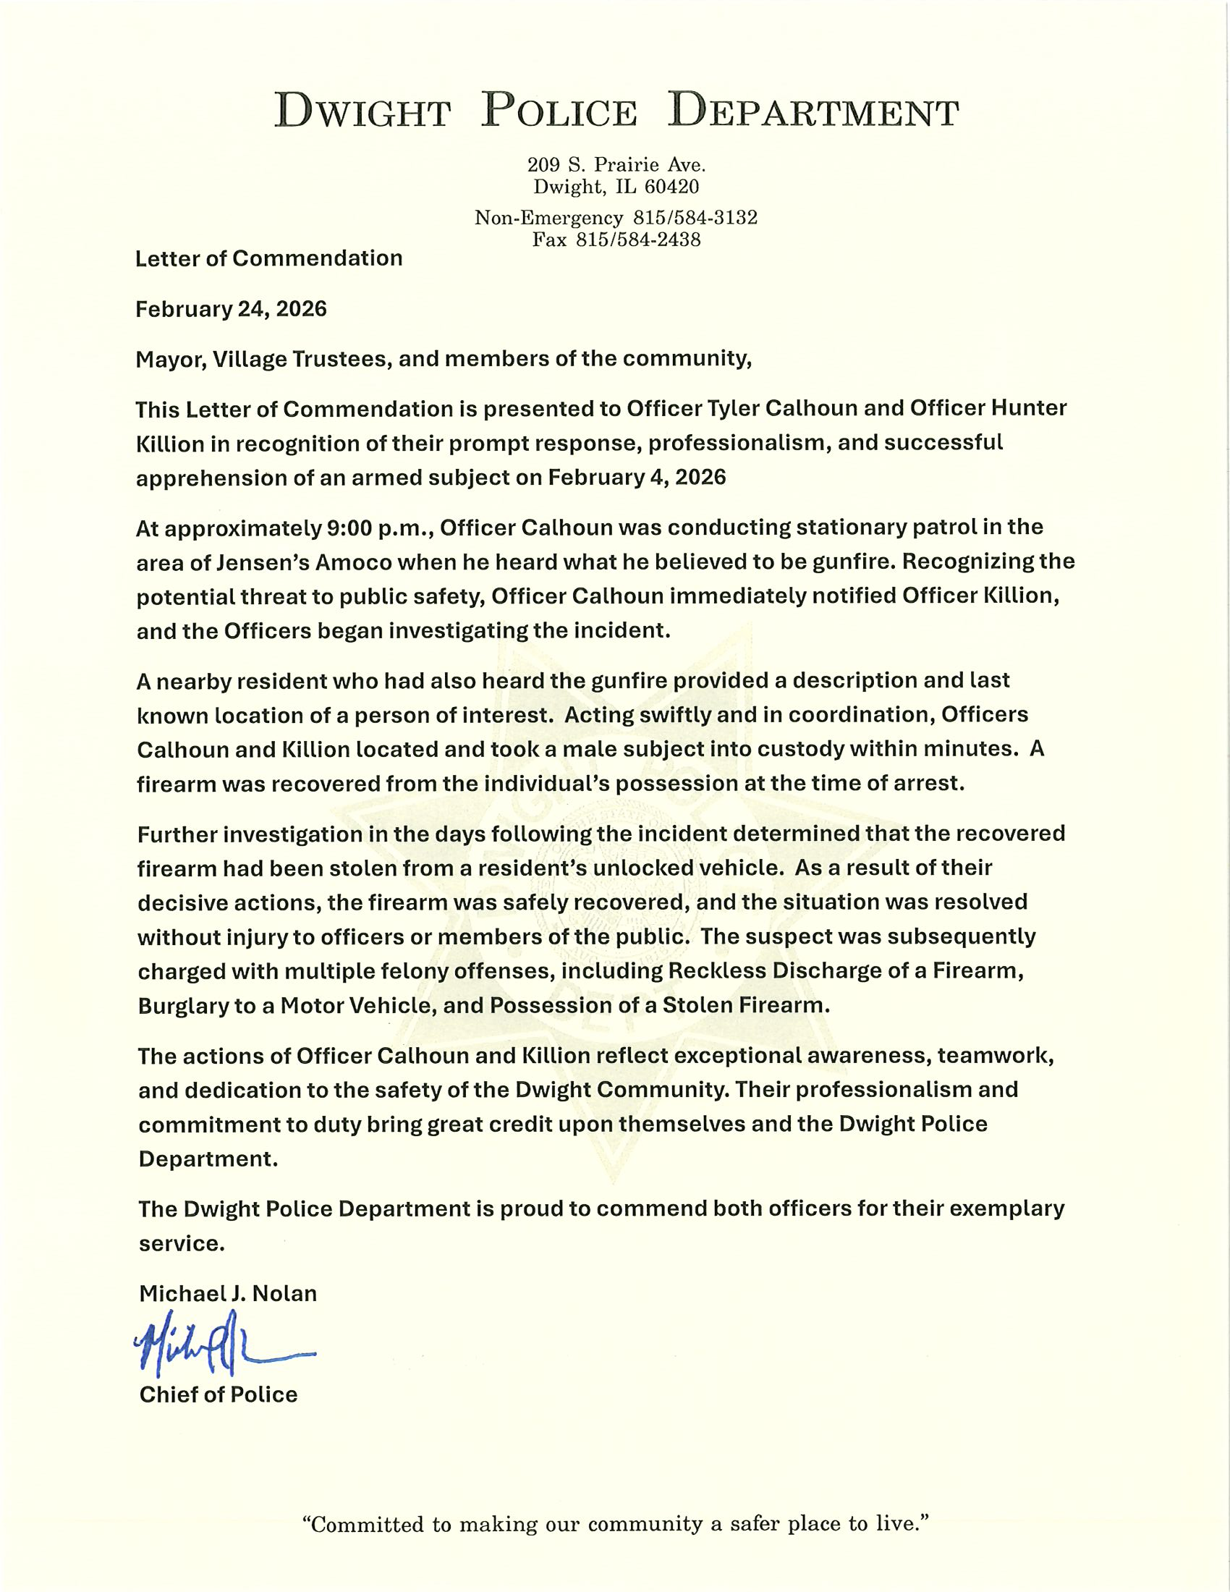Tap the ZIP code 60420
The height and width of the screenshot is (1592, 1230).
point(671,187)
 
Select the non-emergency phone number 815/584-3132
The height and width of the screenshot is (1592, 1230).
point(695,217)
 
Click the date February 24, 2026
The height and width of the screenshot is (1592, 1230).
point(231,309)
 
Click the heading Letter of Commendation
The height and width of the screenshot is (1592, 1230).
point(269,258)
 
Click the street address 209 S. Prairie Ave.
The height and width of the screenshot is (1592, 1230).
point(616,165)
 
